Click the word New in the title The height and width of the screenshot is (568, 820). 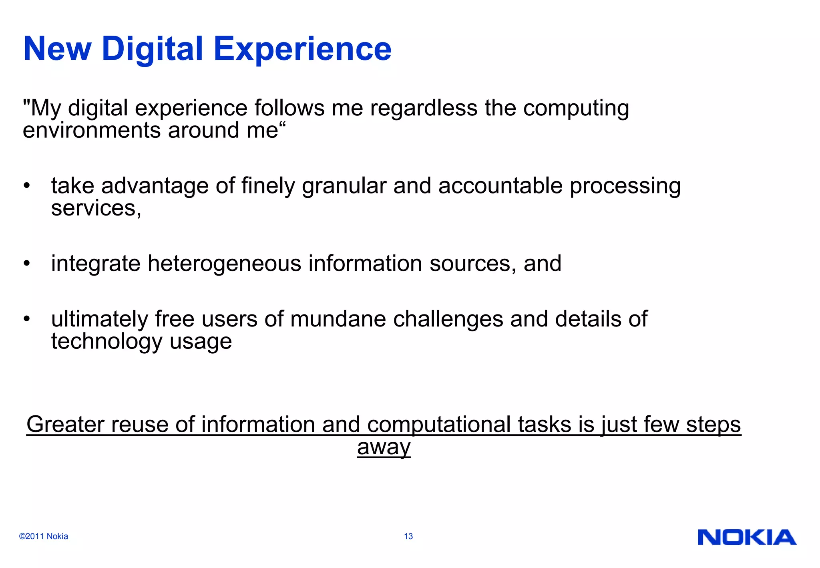(x=58, y=49)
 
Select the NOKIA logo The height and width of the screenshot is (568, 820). (x=747, y=537)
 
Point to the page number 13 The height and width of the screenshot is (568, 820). (x=408, y=536)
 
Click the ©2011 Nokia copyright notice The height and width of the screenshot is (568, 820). (x=44, y=536)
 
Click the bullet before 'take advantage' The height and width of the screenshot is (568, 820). (x=27, y=186)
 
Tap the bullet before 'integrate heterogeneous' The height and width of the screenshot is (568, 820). (x=27, y=264)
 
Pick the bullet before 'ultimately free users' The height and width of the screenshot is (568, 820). (x=27, y=319)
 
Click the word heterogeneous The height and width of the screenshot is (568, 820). (x=224, y=264)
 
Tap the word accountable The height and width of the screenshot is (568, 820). (x=500, y=186)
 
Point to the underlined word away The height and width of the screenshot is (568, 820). (x=384, y=447)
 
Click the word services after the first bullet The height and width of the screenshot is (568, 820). (x=95, y=209)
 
